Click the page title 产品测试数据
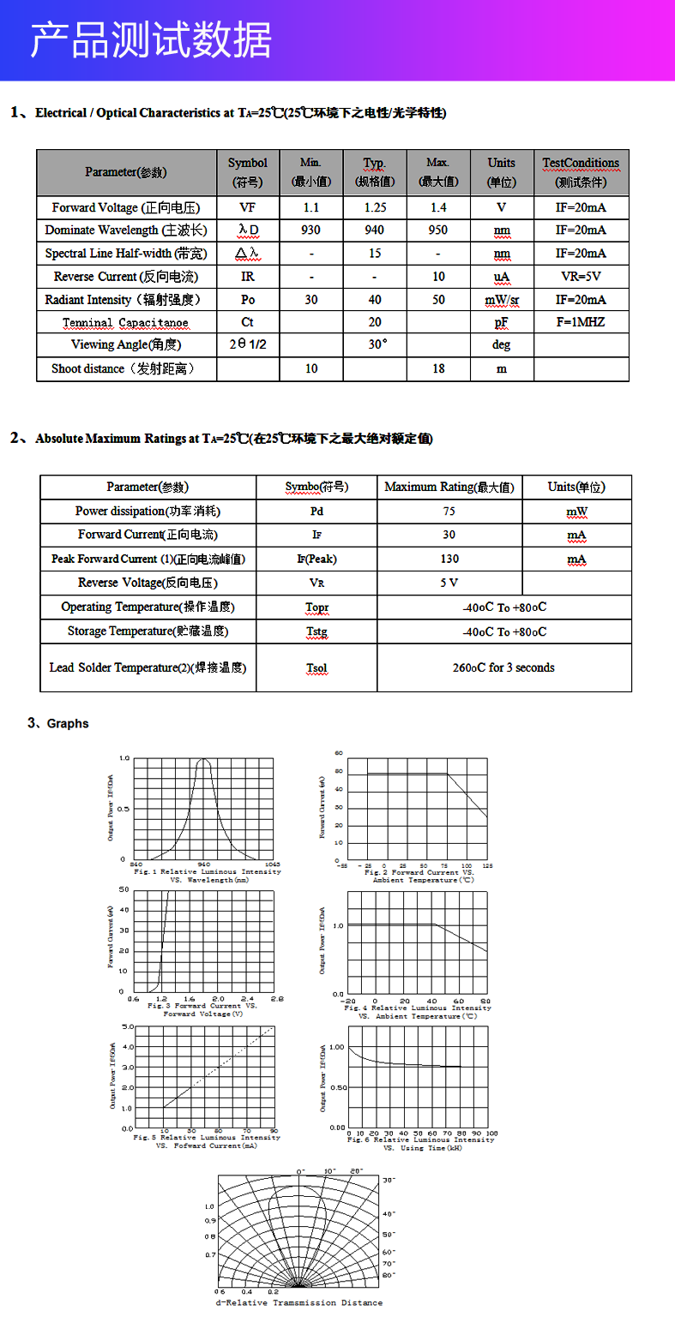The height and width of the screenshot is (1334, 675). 151,40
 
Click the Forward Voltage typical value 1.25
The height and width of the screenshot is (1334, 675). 375,207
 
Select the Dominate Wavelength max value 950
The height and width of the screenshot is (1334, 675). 438,230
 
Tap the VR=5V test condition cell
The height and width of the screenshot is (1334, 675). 581,277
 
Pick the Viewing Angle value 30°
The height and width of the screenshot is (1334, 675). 375,344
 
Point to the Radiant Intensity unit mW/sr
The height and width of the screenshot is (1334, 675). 502,300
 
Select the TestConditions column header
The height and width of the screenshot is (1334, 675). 581,171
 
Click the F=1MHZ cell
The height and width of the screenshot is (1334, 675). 581,322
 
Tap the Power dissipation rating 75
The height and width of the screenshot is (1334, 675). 449,511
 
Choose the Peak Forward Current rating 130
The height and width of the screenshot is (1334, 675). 449,559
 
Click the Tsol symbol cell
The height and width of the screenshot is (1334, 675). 316,668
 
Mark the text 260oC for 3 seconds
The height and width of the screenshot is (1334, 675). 503,667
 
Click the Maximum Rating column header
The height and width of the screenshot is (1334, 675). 449,488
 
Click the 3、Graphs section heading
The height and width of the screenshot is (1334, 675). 58,724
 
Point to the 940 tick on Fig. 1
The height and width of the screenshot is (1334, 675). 204,864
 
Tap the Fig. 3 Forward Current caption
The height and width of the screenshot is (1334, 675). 202,1009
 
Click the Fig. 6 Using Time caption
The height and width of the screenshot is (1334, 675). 420,1144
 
